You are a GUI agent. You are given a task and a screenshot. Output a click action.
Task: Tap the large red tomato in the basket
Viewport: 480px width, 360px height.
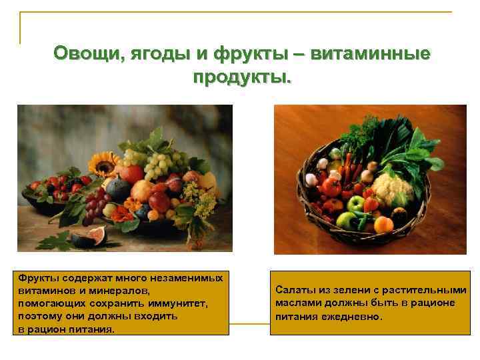pyautogui.click(x=331, y=186)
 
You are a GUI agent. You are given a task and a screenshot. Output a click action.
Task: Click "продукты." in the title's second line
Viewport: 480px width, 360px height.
pyautogui.click(x=242, y=77)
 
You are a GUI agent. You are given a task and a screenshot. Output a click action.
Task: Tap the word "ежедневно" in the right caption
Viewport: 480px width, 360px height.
pyautogui.click(x=353, y=316)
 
